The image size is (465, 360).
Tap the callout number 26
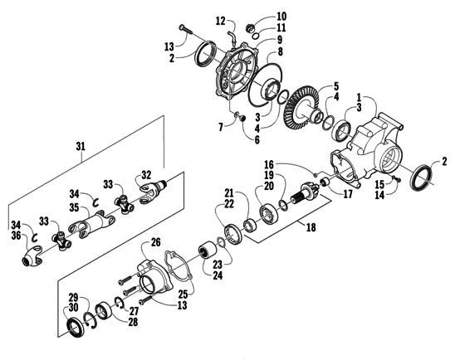click(154, 243)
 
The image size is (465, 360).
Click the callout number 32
click(145, 175)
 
